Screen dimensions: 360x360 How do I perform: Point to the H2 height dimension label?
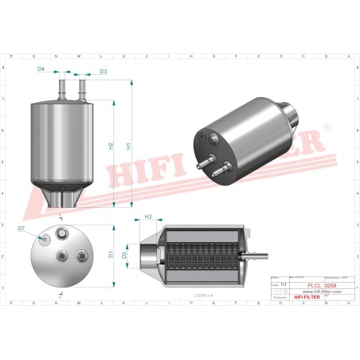(112, 147)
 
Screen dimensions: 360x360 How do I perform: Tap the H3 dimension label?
(148, 217)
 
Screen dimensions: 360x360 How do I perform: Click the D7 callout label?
(22, 229)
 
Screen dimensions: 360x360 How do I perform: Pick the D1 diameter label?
(112, 255)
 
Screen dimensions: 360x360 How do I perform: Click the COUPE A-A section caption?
(205, 295)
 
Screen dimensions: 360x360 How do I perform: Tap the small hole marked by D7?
(45, 239)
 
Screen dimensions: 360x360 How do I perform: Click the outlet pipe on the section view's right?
(256, 256)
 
